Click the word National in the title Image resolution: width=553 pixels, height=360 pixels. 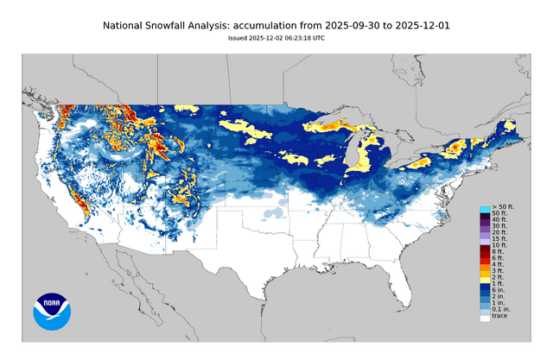click(x=128, y=27)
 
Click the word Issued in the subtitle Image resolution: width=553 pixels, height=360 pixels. click(x=240, y=38)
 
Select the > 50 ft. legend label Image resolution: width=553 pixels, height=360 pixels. click(x=504, y=209)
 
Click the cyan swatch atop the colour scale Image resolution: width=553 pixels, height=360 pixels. click(x=485, y=209)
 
